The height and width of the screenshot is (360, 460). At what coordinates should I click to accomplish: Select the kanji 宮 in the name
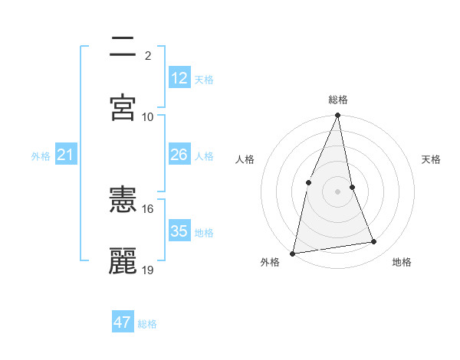[123, 107]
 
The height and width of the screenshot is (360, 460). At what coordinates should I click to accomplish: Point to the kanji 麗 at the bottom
[123, 261]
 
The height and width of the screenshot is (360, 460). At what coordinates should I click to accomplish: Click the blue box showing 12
[179, 78]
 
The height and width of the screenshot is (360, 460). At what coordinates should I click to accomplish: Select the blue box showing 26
[179, 155]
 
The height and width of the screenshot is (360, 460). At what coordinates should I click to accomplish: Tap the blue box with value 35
[179, 231]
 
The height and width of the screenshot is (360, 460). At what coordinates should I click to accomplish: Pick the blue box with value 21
[66, 155]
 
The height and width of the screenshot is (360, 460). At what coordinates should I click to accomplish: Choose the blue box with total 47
[123, 322]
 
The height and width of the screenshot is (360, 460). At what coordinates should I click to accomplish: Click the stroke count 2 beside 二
[148, 55]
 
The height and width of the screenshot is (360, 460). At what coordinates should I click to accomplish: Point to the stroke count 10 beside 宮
[148, 116]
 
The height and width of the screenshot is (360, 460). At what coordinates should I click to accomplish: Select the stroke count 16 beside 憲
[148, 208]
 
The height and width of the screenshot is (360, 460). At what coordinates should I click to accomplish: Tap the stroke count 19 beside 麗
[148, 270]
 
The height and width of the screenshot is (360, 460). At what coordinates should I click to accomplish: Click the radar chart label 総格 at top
[338, 100]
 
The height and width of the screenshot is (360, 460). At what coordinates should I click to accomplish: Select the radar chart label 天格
[432, 159]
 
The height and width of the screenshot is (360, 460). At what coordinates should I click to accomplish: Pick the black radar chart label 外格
[270, 262]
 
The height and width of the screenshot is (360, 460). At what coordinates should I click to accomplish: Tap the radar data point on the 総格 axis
[338, 116]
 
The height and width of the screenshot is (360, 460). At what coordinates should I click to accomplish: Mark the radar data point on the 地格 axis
[374, 242]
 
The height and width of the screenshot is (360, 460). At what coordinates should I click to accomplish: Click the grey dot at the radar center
[338, 191]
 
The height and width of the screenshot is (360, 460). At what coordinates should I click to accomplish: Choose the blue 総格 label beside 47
[147, 324]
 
